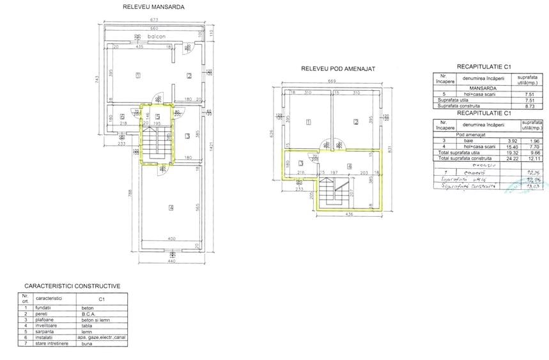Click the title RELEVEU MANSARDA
click(x=153, y=8)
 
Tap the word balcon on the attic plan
click(x=156, y=37)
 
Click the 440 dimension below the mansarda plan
click(x=171, y=262)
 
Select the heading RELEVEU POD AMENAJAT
click(x=337, y=68)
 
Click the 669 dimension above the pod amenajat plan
click(x=331, y=81)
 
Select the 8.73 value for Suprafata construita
click(x=529, y=106)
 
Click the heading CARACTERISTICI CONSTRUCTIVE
click(x=72, y=286)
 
